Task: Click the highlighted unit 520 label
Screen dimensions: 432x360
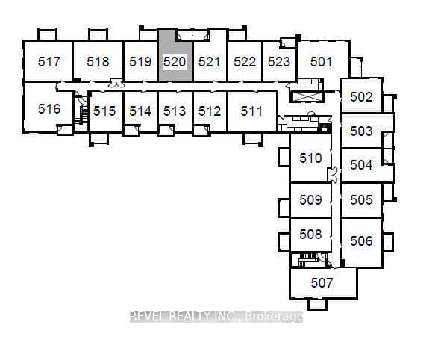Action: tap(175, 62)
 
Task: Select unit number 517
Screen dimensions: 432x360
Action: tap(49, 62)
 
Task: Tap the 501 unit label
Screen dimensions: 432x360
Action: tap(322, 62)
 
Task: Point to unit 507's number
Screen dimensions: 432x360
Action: tap(322, 283)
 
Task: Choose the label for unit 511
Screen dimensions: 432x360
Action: tap(251, 111)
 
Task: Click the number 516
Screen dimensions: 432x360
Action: tap(49, 109)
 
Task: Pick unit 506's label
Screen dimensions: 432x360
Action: tap(361, 240)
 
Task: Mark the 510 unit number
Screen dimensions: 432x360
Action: tap(311, 158)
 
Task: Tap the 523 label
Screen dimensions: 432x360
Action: tap(279, 62)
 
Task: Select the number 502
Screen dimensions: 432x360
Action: tap(361, 97)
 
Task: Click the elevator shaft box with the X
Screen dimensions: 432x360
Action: tap(306, 97)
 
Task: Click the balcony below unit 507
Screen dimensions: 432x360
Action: tap(317, 304)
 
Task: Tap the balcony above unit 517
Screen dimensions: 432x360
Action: tap(47, 34)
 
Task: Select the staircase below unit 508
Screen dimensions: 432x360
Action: tap(307, 260)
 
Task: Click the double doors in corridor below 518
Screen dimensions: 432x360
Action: tap(116, 84)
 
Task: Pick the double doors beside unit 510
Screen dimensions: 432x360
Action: tap(334, 175)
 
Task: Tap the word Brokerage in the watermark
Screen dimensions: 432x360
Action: tap(274, 317)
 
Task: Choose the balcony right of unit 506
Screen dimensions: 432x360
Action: tap(388, 242)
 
